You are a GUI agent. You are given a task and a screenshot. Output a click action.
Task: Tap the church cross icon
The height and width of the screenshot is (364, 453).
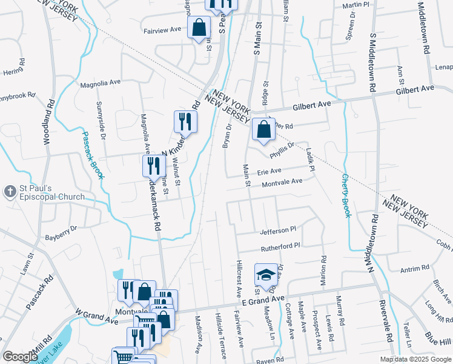click(10, 192)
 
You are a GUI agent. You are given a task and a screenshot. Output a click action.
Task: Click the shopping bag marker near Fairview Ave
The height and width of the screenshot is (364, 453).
click(198, 27)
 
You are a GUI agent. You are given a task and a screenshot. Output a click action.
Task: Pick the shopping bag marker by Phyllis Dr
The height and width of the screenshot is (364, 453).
click(263, 129)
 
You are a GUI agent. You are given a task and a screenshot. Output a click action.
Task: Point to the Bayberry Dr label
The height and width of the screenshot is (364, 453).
click(61, 232)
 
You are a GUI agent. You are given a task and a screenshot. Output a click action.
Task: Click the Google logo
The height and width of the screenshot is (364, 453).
click(20, 357)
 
